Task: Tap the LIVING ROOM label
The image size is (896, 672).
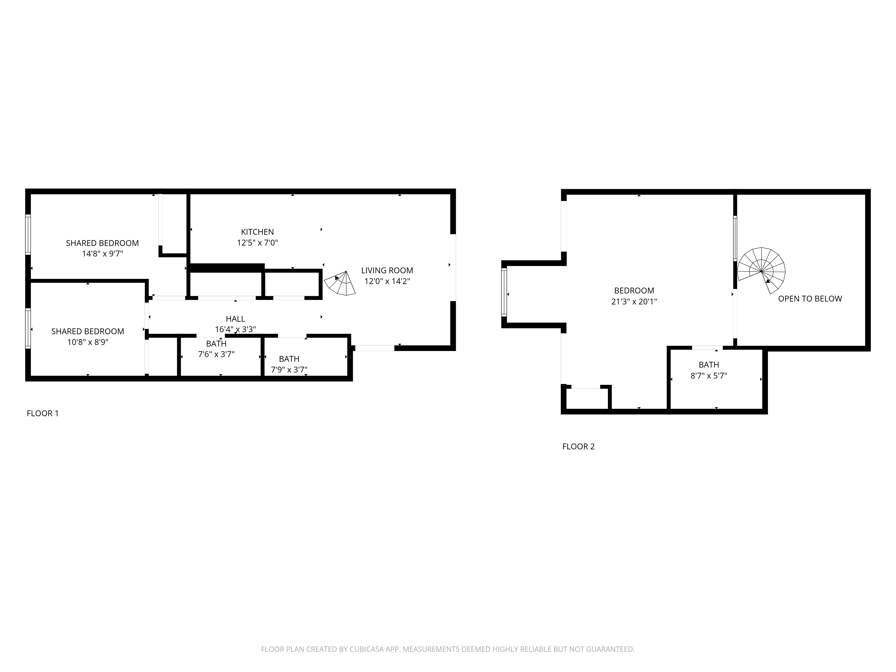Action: (x=387, y=271)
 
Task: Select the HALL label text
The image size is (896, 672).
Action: (x=235, y=319)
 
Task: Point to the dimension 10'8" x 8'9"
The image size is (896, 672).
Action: (x=88, y=342)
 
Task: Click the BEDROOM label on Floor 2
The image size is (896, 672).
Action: (x=634, y=291)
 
